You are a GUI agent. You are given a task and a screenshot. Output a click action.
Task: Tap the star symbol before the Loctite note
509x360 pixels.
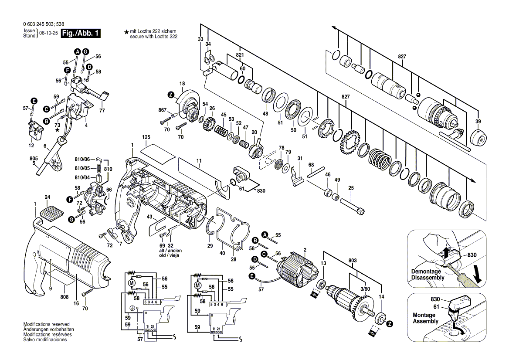click(126, 32)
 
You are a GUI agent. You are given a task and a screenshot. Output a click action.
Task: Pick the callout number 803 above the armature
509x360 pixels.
click(353, 261)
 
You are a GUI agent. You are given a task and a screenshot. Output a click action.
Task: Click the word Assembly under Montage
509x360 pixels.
click(425, 321)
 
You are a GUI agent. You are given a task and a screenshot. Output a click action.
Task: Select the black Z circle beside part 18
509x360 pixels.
click(171, 95)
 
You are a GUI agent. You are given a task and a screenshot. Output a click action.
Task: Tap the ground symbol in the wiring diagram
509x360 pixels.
click(132, 308)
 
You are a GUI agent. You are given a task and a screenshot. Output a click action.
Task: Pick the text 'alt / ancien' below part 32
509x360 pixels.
click(170, 251)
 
